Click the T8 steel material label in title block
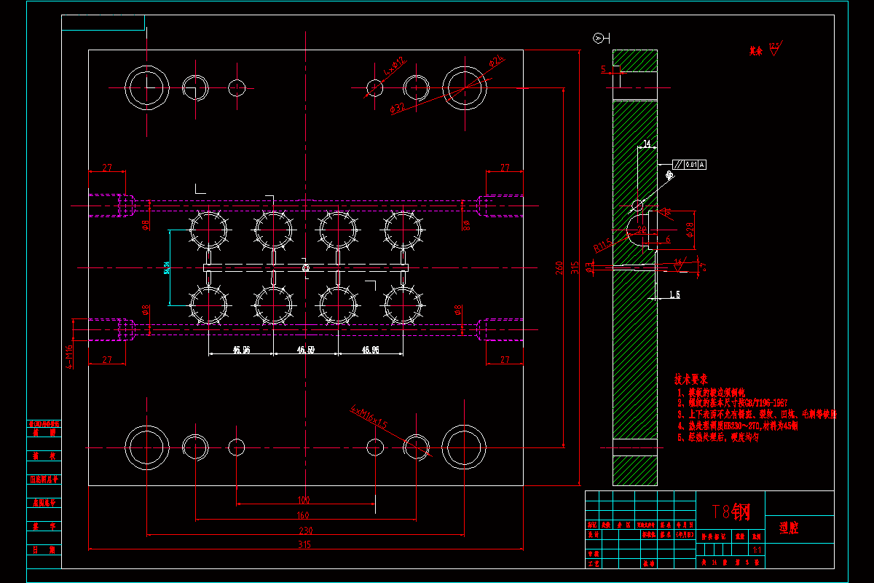(x=731, y=512)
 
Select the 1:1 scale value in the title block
(x=757, y=550)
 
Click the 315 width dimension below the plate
(x=304, y=544)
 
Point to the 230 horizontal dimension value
(x=304, y=531)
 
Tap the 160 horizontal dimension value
(x=304, y=515)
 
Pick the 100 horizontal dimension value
(x=304, y=500)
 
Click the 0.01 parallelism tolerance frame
(x=689, y=165)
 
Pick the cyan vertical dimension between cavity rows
(x=168, y=267)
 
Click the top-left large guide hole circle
(x=146, y=87)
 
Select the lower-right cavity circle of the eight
(x=402, y=305)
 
